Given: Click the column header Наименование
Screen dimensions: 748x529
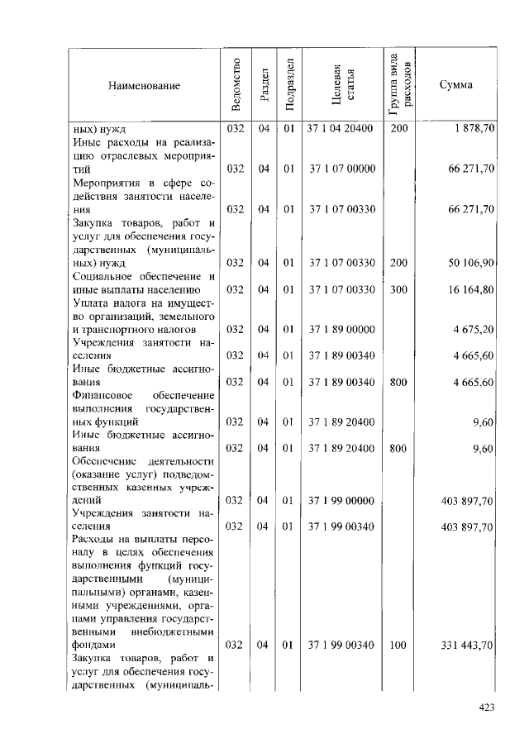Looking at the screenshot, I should (143, 85).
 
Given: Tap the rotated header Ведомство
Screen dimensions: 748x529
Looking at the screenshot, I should (236, 85).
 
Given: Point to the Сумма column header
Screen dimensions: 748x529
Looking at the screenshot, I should (456, 85).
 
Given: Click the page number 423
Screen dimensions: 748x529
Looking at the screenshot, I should (488, 707).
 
